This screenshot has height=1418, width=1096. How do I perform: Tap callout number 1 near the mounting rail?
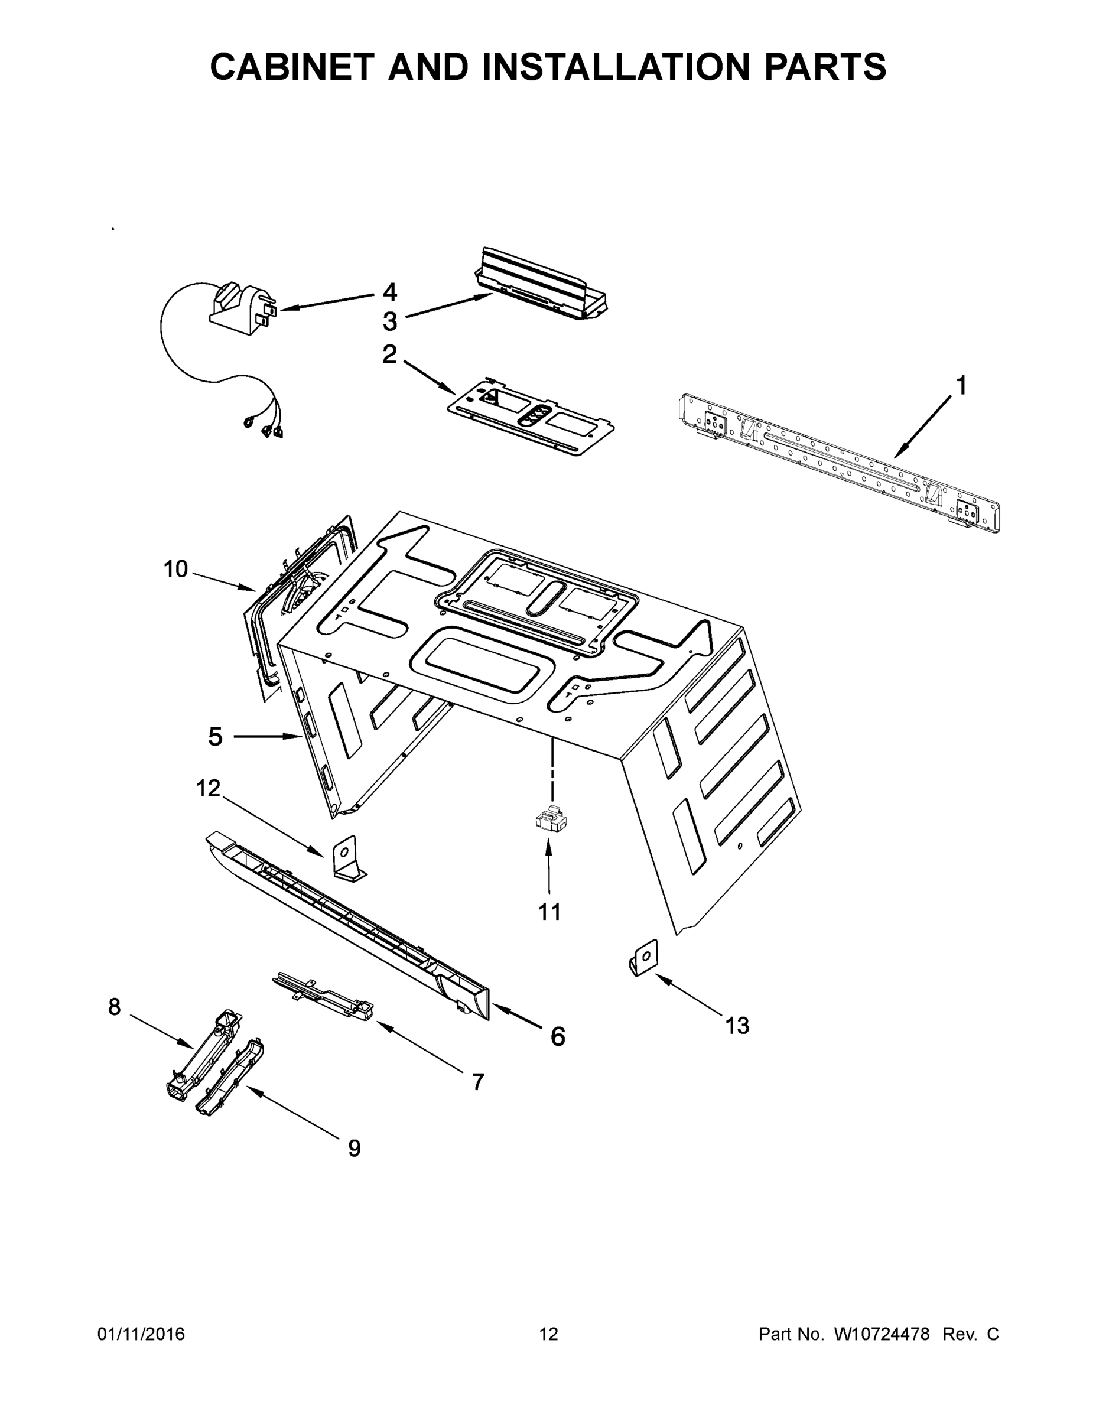tap(961, 386)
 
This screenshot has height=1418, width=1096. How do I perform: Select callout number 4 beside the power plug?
tap(389, 292)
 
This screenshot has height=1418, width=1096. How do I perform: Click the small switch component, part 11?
tap(550, 821)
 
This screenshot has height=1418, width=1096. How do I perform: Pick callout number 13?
tap(737, 1026)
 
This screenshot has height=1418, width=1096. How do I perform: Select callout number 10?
tap(175, 570)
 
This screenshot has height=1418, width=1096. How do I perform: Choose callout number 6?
tap(558, 1036)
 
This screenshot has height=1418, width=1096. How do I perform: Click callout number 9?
tap(354, 1149)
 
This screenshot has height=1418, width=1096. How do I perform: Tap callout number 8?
tap(114, 1007)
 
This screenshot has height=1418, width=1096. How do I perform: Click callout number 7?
tap(477, 1082)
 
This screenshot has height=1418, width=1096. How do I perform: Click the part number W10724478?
tap(881, 1334)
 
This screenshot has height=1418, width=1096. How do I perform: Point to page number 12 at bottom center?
tap(549, 1334)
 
